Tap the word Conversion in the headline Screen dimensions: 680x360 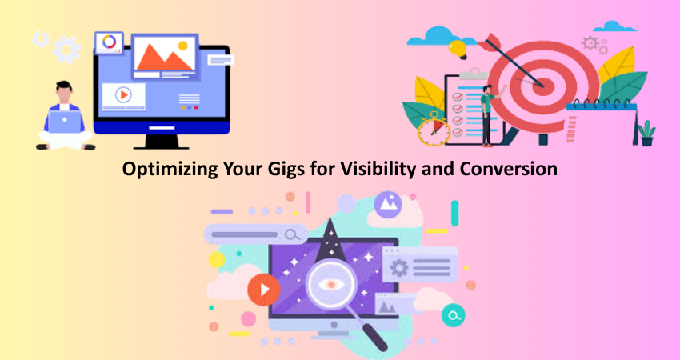[x=509, y=169]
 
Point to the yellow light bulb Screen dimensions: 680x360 [x=457, y=49]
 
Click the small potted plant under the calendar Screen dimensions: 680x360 [x=646, y=133]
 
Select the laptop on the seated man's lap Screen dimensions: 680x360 [x=65, y=122]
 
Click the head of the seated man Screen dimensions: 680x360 [x=64, y=91]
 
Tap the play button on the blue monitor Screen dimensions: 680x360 [x=123, y=94]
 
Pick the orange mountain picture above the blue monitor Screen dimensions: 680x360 [x=164, y=56]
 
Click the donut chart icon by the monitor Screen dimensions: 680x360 [x=109, y=42]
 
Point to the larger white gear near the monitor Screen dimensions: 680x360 [x=66, y=50]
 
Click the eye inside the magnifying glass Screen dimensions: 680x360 [x=331, y=285]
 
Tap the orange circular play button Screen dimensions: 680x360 [x=264, y=290]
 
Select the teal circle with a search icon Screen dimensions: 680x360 [x=453, y=315]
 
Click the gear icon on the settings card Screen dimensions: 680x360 [x=399, y=268]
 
